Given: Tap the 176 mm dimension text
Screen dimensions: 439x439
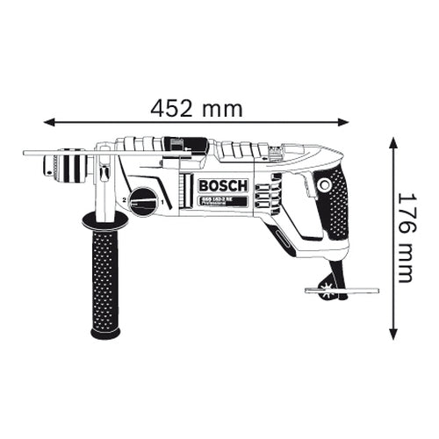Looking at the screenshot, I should point(405,237).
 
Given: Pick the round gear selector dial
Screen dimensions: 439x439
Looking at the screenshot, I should point(145,201).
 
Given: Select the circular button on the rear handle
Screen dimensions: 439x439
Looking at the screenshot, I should point(326,185).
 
